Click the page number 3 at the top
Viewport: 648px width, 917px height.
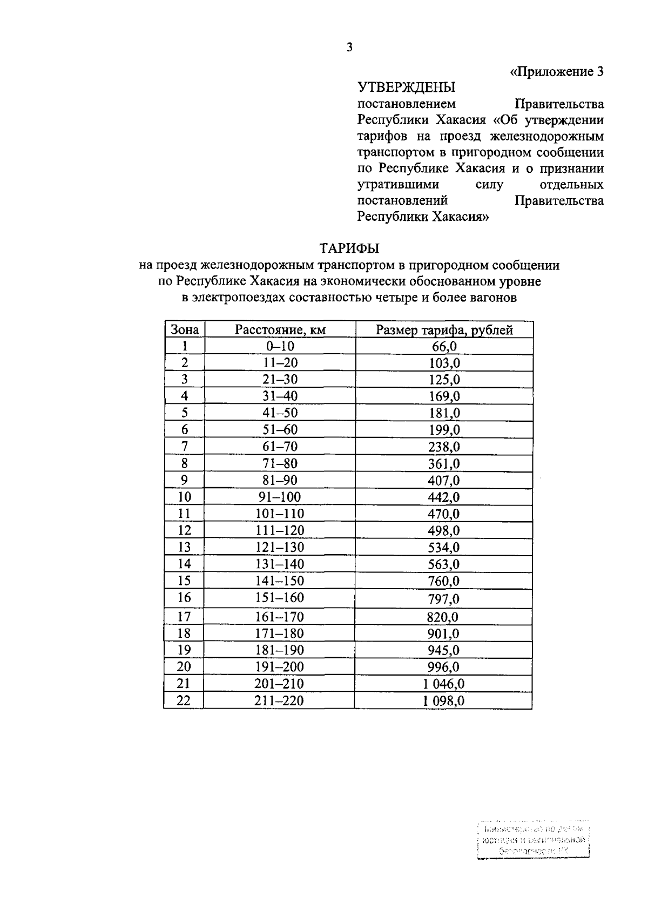pyautogui.click(x=349, y=48)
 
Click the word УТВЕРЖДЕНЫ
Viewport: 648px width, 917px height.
pyautogui.click(x=406, y=87)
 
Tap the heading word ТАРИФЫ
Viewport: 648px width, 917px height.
pyautogui.click(x=349, y=248)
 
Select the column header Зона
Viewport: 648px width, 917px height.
pyautogui.click(x=185, y=330)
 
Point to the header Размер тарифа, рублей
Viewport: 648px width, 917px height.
pyautogui.click(x=444, y=330)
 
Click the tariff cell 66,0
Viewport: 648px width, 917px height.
pyautogui.click(x=444, y=347)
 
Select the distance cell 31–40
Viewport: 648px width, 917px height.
pyautogui.click(x=280, y=396)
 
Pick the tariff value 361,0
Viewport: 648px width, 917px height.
pyautogui.click(x=444, y=463)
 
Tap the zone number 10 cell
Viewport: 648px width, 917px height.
pyautogui.click(x=185, y=497)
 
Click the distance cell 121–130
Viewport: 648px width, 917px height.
pyautogui.click(x=280, y=547)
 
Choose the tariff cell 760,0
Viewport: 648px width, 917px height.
pyautogui.click(x=444, y=581)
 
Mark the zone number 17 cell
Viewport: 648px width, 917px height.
pyautogui.click(x=185, y=617)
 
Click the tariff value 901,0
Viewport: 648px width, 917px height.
pyautogui.click(x=444, y=633)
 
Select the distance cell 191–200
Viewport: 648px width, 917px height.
pyautogui.click(x=280, y=667)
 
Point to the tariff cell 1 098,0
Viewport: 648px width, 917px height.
pyautogui.click(x=444, y=701)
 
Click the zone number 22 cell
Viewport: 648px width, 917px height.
pyautogui.click(x=185, y=701)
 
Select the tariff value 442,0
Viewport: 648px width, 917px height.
pyautogui.click(x=444, y=497)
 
